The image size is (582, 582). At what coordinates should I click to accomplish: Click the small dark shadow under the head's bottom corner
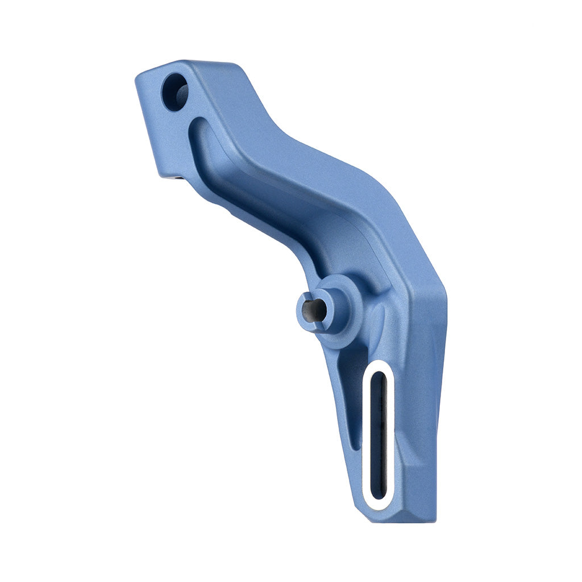177,178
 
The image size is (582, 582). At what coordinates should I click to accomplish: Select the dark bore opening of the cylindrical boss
314,310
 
